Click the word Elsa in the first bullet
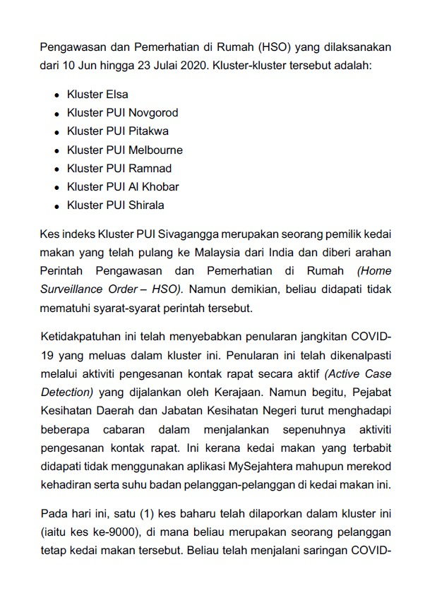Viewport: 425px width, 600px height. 116,94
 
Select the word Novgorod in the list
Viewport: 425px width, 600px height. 153,112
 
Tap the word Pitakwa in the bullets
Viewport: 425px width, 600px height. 148,131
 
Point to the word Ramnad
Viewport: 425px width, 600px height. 150,169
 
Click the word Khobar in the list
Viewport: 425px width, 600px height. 161,187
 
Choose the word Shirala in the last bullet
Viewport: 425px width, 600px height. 146,206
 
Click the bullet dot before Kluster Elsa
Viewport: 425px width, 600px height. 56,95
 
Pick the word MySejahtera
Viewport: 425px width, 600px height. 259,466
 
